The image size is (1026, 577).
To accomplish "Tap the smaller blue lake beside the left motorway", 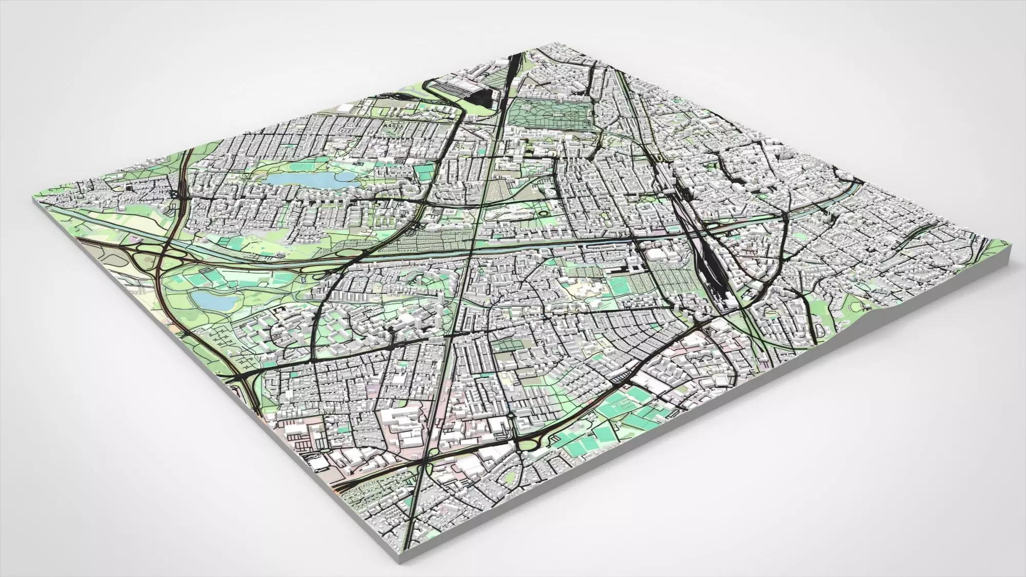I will [212, 300].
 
